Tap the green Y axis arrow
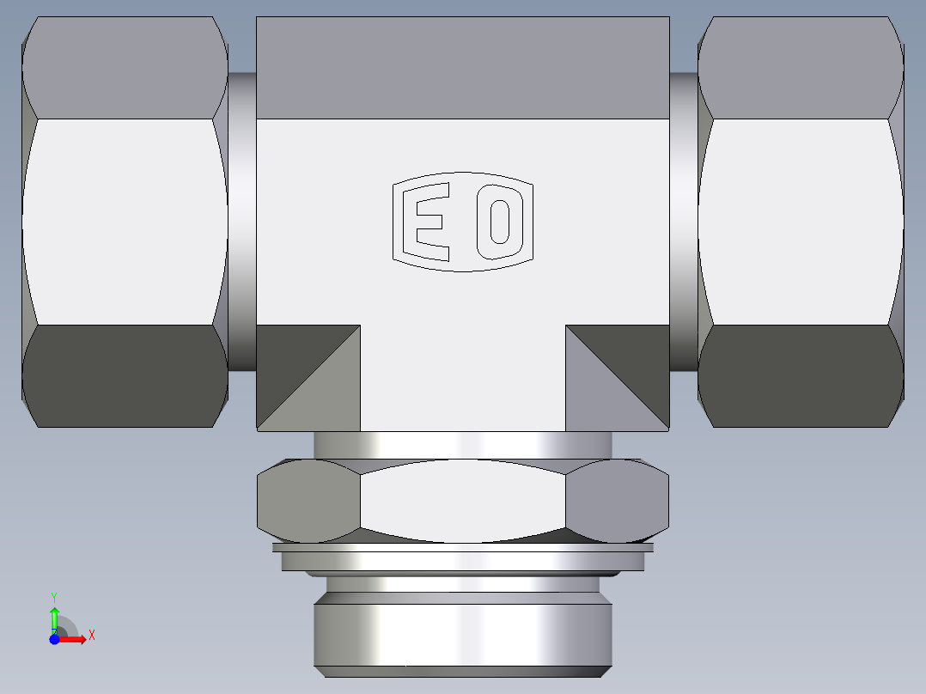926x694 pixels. point(54,615)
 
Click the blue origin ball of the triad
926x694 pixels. point(54,639)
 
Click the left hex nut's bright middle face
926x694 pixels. point(125,221)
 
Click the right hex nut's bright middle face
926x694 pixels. point(801,221)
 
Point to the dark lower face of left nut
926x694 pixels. point(125,375)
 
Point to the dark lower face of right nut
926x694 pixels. point(801,375)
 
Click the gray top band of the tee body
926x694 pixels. point(462,67)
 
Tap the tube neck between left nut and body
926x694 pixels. point(242,221)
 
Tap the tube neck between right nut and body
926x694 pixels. point(684,221)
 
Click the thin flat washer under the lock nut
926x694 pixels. point(462,547)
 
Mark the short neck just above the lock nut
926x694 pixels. point(462,444)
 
